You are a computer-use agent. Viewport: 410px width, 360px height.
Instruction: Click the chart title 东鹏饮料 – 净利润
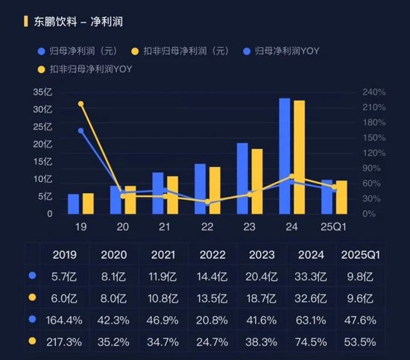[x=78, y=22]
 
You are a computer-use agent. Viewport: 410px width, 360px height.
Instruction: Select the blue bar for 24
[x=285, y=157]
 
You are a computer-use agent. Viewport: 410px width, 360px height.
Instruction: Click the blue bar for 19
[x=73, y=203]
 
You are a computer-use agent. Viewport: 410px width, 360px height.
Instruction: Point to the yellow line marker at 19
[x=81, y=104]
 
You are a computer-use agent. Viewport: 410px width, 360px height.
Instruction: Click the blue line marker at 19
[x=81, y=130]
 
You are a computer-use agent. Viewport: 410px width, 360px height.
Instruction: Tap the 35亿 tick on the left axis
[x=43, y=92]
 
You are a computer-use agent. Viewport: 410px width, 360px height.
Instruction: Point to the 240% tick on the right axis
[x=373, y=92]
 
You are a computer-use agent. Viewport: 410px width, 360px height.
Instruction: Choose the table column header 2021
[x=164, y=255]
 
